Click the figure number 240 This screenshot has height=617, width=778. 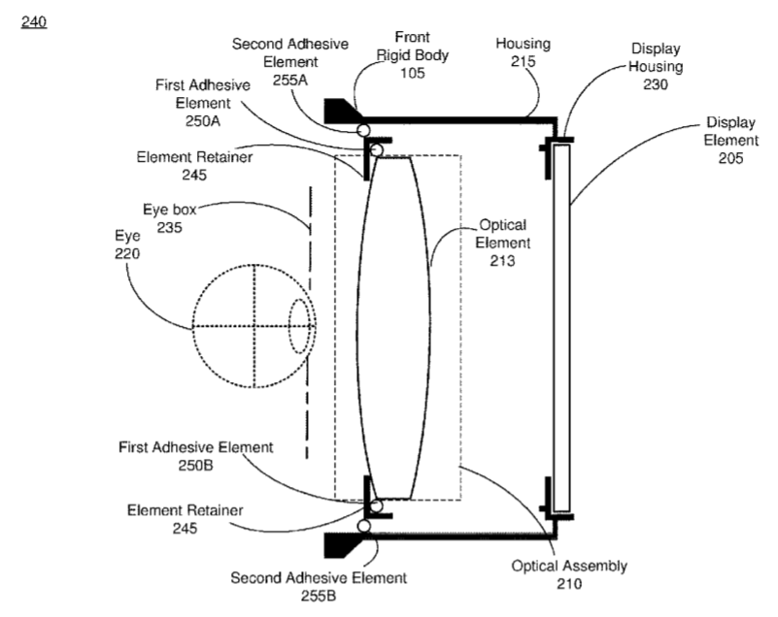point(33,18)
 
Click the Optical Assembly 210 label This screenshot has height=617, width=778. point(569,574)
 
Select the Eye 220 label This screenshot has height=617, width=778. point(127,244)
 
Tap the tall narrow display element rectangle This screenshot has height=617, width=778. point(560,329)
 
